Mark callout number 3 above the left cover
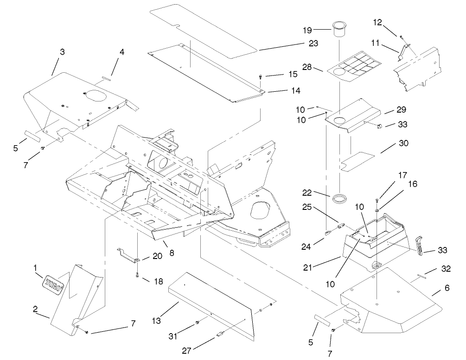62,52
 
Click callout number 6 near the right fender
447,288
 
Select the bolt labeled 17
376,201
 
